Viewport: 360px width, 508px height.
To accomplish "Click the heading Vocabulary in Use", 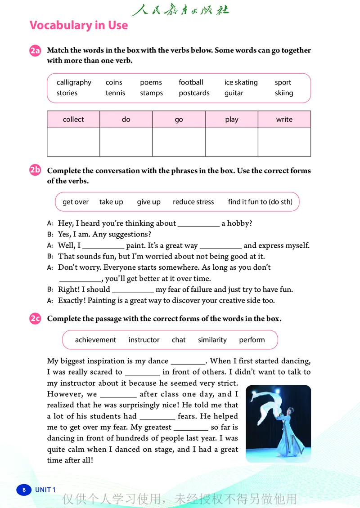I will (79, 25).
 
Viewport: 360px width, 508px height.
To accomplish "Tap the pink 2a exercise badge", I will (35, 51).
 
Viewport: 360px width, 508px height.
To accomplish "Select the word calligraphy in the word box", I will (74, 82).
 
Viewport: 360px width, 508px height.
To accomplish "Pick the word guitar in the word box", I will (234, 93).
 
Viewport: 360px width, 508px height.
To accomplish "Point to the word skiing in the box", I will (284, 93).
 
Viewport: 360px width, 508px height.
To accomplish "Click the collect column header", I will (73, 120).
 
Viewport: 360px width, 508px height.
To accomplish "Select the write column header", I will (284, 120).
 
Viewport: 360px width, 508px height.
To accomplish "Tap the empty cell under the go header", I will (179, 142).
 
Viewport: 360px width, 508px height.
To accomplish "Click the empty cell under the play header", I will (231, 142).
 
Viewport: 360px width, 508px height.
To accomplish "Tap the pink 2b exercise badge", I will (35, 170).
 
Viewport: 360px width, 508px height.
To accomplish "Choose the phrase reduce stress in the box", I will (193, 202).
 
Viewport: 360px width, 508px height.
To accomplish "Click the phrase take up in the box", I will (111, 202).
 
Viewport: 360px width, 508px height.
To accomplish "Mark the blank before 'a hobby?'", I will (198, 224).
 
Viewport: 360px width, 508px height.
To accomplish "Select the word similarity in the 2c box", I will (212, 340).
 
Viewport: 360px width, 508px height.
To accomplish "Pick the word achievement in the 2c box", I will (95, 340).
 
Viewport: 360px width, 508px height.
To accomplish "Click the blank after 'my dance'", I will (188, 361).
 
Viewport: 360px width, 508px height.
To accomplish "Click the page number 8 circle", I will (24, 490).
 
